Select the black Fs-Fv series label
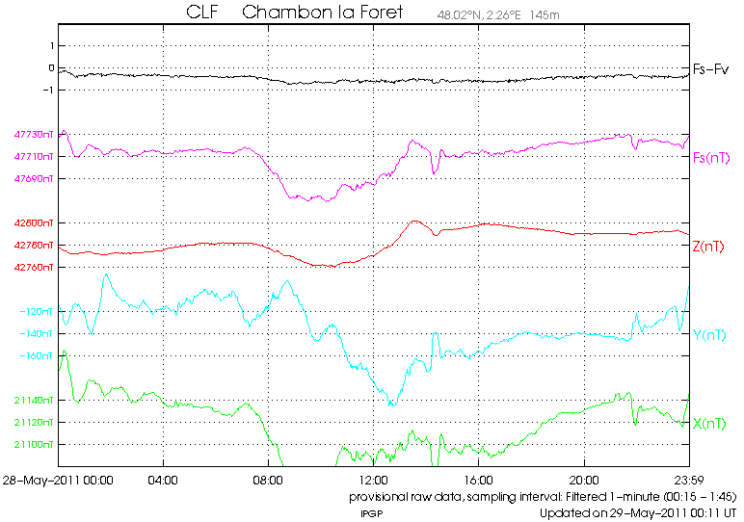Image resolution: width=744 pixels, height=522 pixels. click(x=711, y=69)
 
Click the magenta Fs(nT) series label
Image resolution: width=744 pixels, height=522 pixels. click(x=711, y=157)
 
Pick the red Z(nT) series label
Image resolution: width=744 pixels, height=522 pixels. click(x=709, y=246)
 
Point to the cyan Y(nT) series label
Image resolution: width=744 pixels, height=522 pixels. click(x=709, y=335)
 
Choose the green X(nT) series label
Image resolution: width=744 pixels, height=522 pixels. click(x=709, y=424)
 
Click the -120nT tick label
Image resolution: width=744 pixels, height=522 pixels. click(x=37, y=312)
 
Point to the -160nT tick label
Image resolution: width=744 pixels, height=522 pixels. click(x=37, y=356)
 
